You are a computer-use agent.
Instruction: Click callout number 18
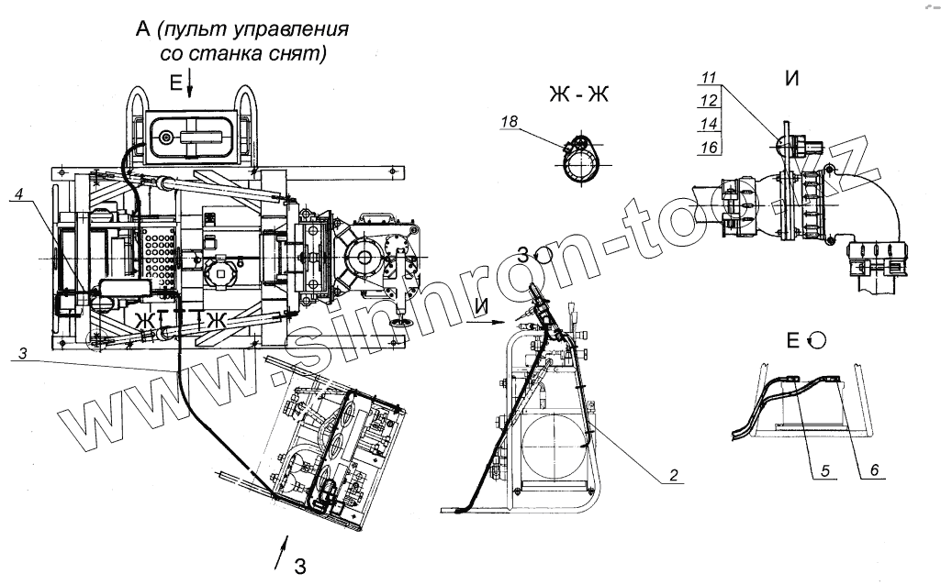[510, 121]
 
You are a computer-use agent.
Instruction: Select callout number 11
[708, 80]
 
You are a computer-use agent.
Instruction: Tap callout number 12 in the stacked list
[708, 101]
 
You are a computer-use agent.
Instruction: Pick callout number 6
[873, 470]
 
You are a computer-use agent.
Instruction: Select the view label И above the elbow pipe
[790, 79]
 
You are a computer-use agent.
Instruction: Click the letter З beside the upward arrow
[299, 565]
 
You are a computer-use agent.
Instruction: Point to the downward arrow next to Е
[190, 84]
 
